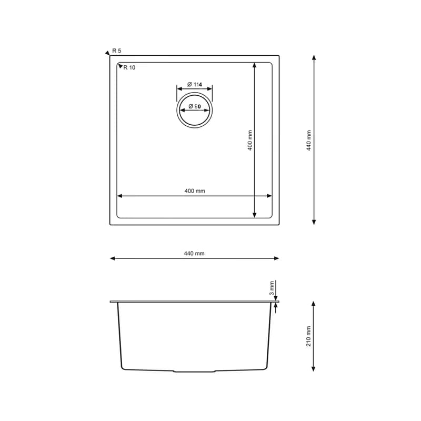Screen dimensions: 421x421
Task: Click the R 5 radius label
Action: coord(116,51)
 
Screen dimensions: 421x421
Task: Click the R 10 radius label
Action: coord(129,68)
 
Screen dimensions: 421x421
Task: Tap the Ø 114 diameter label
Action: coord(195,85)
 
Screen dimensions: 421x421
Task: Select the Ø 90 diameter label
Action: coord(195,106)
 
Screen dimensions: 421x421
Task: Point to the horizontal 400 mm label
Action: coord(195,191)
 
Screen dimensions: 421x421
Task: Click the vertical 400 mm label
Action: coord(250,141)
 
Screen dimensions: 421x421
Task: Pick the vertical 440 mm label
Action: coord(309,141)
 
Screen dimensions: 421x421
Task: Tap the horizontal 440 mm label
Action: coord(194,254)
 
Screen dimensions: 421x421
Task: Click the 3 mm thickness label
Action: coord(272,288)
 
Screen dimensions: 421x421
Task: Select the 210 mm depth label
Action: coord(308,336)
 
